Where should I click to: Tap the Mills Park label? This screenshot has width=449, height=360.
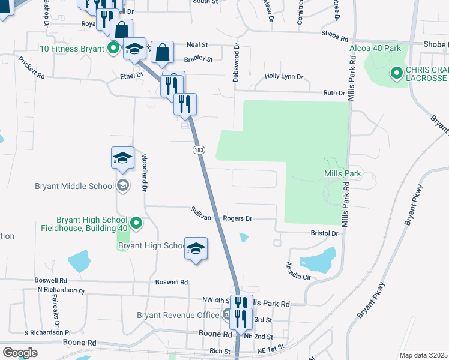[x=341, y=173]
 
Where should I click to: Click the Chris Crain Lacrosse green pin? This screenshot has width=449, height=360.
[x=396, y=74]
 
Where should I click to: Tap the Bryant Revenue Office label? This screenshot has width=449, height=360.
[x=178, y=315]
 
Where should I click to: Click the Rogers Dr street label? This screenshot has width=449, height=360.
[x=237, y=219]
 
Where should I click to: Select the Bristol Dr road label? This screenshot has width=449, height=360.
[x=325, y=232]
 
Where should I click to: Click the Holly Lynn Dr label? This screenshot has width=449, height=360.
[x=284, y=77]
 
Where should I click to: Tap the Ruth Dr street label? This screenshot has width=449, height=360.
[x=334, y=93]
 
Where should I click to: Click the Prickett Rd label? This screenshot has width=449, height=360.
[x=31, y=68]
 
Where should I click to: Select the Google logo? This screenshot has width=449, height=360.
[x=20, y=352]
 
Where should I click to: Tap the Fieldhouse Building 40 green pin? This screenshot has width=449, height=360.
[x=136, y=224]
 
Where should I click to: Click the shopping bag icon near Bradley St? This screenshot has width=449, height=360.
[x=162, y=52]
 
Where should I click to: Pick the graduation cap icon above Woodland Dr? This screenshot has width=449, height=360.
[x=122, y=158]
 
